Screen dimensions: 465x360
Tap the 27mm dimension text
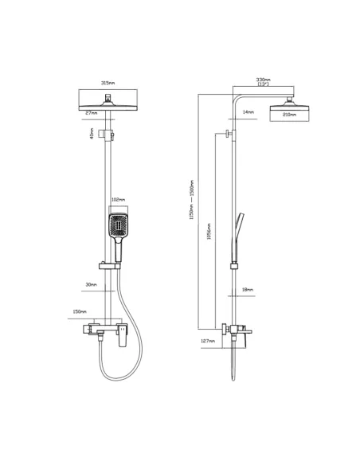91,113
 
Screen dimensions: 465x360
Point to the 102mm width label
117,200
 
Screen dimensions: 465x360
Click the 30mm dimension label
92,284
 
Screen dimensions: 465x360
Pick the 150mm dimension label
79,312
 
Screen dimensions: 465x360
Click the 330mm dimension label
264,80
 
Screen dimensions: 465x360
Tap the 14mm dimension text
248,112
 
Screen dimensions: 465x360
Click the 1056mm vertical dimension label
209,238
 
